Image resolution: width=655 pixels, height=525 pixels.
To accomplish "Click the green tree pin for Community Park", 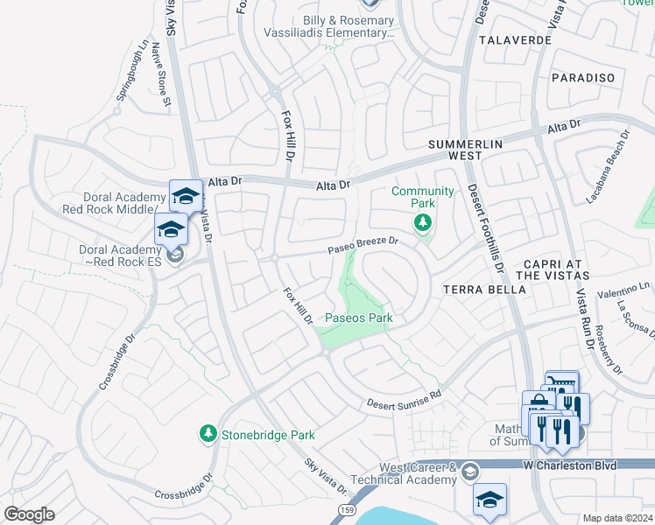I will point(423,222).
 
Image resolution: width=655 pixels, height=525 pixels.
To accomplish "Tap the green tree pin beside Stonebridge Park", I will point(208,433).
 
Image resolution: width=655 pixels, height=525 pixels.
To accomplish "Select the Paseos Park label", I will point(359,318).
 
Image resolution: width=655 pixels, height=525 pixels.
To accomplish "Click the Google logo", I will point(29,514).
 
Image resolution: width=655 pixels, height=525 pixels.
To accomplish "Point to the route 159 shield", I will point(346,507).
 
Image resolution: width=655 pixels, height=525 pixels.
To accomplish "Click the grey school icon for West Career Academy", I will point(469,472).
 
